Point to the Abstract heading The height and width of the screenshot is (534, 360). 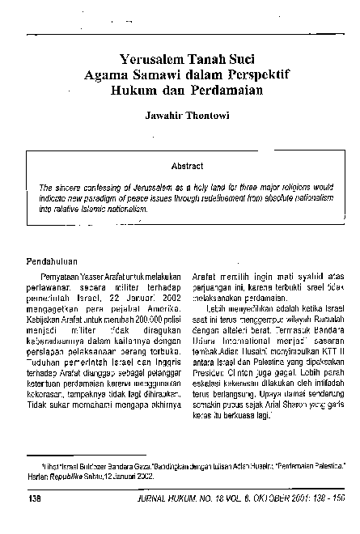point(187,165)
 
